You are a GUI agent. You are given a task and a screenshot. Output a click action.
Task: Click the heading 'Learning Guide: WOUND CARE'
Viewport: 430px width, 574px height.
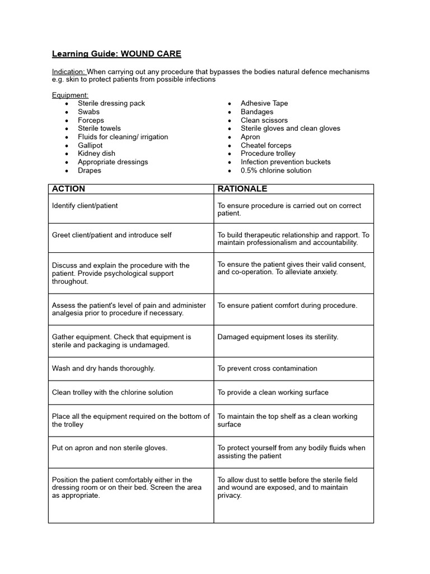point(116,54)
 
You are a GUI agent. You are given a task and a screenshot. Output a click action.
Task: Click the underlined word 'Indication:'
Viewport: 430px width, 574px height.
point(69,72)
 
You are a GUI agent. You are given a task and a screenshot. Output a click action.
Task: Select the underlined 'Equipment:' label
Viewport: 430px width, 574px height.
point(70,95)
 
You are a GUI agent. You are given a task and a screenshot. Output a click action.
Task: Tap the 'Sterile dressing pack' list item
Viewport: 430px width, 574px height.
point(111,103)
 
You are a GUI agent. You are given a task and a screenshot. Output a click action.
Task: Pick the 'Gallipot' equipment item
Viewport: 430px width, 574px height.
point(90,145)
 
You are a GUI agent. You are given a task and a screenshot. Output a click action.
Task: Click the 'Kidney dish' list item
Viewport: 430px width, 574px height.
point(96,154)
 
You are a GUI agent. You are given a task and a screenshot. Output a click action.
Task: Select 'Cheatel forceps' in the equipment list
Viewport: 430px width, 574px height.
point(266,145)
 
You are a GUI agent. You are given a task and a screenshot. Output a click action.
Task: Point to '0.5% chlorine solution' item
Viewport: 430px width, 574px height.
point(276,170)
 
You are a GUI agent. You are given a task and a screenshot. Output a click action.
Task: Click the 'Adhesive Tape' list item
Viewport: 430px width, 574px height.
point(264,103)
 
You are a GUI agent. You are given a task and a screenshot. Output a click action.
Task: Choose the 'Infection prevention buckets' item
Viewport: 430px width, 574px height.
point(286,162)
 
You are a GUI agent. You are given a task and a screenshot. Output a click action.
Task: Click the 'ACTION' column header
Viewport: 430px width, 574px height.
point(69,189)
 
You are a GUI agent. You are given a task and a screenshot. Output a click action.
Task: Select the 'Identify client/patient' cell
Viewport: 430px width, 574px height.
point(85,206)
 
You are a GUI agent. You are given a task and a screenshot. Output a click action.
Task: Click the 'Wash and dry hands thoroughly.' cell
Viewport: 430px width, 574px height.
point(104,368)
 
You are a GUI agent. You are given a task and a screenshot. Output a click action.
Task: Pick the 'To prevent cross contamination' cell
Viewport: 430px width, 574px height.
point(267,368)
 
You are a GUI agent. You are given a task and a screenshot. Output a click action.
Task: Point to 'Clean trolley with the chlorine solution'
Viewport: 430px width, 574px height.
point(113,392)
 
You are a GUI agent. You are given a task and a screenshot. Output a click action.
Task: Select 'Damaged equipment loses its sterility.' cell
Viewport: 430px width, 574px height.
point(278,337)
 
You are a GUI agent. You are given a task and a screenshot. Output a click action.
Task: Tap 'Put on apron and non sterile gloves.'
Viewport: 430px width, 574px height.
point(110,448)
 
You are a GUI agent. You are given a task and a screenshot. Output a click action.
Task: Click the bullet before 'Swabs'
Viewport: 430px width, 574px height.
point(67,112)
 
